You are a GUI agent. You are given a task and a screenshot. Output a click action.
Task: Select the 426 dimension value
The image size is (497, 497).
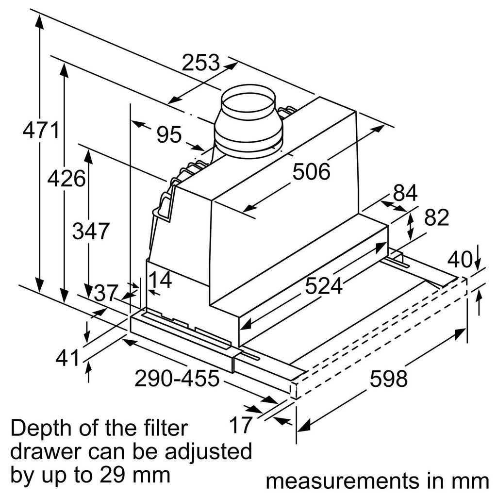click(x=66, y=179)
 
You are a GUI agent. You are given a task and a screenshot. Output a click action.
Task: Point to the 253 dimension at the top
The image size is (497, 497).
click(x=201, y=62)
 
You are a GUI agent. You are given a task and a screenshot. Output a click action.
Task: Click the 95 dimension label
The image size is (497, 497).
click(x=168, y=134)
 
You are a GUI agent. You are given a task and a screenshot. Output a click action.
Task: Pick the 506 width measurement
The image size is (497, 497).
click(x=311, y=171)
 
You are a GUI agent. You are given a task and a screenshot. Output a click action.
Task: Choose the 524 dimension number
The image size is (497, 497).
click(x=324, y=286)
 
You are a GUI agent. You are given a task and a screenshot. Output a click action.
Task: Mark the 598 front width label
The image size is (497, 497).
click(x=389, y=379)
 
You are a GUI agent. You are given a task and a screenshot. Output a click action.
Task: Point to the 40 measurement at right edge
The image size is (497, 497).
click(x=460, y=260)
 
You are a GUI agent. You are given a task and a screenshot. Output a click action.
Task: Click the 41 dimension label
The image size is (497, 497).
click(x=67, y=359)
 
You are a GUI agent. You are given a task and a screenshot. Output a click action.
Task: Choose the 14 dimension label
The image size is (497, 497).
click(x=160, y=280)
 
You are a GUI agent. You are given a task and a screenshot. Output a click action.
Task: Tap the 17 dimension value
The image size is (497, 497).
click(x=241, y=426)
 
